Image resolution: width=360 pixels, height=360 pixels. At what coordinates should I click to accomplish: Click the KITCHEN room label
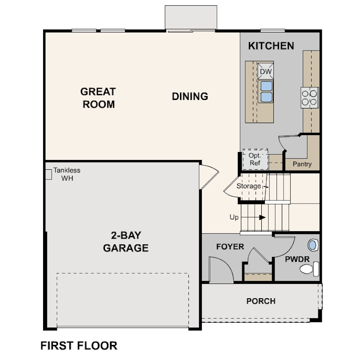click(271, 46)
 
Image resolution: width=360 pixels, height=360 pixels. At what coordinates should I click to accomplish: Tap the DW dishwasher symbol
click(266, 72)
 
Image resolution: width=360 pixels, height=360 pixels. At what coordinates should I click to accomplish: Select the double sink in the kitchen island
click(266, 92)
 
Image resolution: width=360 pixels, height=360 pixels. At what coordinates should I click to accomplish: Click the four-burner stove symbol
click(310, 98)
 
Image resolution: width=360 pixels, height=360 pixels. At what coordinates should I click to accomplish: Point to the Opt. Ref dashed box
click(255, 160)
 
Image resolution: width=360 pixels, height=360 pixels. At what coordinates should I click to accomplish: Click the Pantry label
click(302, 164)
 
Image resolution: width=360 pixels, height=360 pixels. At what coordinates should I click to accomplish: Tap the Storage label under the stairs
click(248, 186)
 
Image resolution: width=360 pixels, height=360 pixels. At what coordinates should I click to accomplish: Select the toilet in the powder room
click(309, 269)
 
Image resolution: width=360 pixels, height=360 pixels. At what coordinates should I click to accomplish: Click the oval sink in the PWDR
click(313, 245)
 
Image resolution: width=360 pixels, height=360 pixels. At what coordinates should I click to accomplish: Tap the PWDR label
click(297, 259)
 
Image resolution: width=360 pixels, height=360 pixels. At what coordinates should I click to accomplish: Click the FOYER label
click(230, 247)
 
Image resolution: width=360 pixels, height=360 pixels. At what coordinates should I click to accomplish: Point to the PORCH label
click(261, 301)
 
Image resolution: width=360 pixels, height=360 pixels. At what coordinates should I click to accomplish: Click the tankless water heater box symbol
click(48, 175)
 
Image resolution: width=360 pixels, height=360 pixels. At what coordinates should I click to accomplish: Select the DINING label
click(190, 96)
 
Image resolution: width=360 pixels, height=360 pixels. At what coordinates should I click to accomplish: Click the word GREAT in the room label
click(98, 92)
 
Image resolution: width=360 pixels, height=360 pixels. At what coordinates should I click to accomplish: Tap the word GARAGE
click(126, 248)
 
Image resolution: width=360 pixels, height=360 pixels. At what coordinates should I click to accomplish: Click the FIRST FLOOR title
click(79, 345)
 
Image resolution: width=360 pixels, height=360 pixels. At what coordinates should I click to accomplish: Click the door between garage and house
click(208, 177)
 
